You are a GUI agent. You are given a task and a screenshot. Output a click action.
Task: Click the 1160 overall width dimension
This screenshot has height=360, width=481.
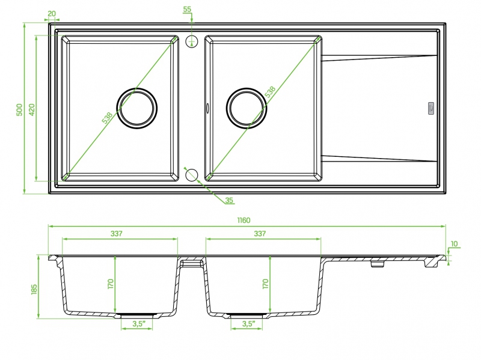244,220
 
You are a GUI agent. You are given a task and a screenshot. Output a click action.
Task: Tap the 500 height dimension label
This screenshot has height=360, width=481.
19,109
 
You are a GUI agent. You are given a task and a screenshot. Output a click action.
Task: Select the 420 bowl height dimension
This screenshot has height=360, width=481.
32,109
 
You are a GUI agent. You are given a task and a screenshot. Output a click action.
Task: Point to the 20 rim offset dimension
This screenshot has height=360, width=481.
52,14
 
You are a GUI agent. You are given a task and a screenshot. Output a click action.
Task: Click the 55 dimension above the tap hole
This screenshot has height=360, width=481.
187,9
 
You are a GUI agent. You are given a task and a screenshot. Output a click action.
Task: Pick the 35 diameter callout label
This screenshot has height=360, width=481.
229,200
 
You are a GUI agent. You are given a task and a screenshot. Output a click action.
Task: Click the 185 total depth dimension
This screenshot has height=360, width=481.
34,290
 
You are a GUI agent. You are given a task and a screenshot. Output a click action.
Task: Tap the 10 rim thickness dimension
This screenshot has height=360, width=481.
455,244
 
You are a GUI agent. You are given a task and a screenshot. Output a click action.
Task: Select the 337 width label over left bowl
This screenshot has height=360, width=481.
117,234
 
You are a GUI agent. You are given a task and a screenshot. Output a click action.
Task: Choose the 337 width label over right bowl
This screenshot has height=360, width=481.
260,234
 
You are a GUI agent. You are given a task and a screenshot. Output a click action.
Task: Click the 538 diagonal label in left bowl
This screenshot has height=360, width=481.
107,118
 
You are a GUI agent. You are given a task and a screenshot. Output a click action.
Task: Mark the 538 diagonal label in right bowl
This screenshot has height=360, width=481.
270,93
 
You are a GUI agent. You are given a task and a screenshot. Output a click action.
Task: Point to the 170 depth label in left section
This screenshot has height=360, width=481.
111,284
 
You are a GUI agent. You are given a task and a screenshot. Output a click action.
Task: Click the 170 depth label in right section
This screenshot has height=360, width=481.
266,284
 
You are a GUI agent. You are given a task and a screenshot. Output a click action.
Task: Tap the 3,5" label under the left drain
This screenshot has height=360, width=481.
139,323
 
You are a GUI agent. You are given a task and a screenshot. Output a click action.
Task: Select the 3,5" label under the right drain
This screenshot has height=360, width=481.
248,323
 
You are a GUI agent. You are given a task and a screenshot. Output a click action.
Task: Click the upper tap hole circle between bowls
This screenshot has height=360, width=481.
192,41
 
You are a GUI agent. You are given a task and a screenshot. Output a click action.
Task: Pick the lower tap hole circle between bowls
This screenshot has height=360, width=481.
192,175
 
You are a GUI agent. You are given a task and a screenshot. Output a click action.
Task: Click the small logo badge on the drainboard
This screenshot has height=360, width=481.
431,109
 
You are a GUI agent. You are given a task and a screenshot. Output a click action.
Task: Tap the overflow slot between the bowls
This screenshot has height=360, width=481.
207,108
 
